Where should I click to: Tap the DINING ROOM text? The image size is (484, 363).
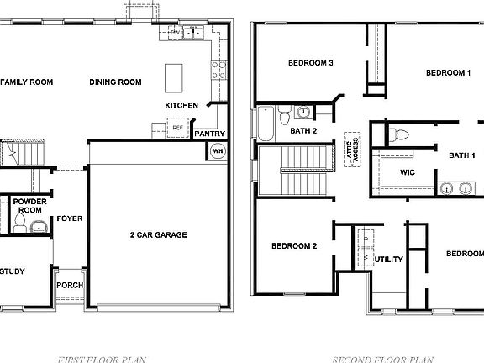(x=115, y=82)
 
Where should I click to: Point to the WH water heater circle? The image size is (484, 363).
(x=217, y=151)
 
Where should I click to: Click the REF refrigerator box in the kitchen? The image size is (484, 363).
(x=177, y=129)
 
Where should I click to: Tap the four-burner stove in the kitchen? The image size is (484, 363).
(x=217, y=69)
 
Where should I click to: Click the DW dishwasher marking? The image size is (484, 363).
(x=175, y=33)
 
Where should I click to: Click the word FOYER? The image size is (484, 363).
(x=69, y=219)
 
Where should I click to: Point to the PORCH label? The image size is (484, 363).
(x=70, y=286)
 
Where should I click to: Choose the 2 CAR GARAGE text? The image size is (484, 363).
(x=158, y=234)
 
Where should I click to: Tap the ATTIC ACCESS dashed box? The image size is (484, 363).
(x=351, y=151)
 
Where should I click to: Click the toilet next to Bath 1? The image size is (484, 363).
(x=399, y=133)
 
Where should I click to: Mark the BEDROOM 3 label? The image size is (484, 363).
(x=311, y=63)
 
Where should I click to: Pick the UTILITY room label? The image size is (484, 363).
(x=388, y=259)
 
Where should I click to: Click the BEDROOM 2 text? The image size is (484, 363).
(x=293, y=246)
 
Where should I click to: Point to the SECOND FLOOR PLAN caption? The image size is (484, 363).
(x=381, y=359)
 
